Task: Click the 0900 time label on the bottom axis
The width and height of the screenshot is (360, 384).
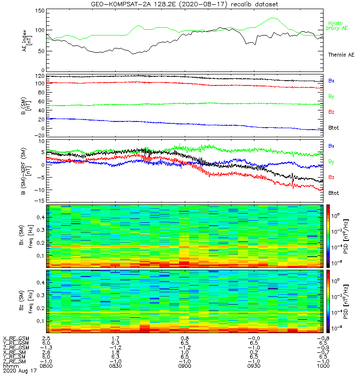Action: pos(184,366)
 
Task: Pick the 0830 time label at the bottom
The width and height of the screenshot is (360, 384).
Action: pos(115,366)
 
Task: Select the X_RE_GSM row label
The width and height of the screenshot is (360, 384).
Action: pos(16,338)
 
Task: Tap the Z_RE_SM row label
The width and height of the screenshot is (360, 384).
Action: pos(15,361)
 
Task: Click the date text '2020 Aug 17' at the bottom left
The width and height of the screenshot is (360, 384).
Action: pos(19,371)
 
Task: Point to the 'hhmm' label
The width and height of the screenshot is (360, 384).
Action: pos(10,366)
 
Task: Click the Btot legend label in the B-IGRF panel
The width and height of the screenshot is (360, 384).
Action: pos(334,193)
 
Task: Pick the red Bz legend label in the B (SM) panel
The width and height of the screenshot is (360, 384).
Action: pos(331,112)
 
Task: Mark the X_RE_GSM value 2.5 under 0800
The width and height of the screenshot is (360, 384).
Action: pos(47,338)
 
